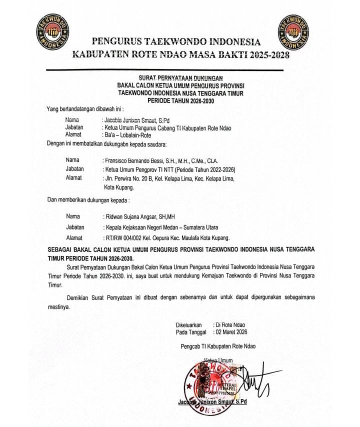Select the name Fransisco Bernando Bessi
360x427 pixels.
tap(136, 160)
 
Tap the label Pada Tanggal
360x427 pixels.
tap(192, 331)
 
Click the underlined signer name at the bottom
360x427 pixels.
tap(212, 401)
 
